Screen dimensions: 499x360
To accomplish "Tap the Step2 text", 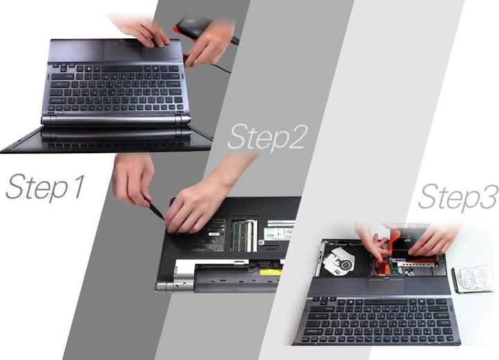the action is point(268,137).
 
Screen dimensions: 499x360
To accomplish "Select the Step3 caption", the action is point(458,196).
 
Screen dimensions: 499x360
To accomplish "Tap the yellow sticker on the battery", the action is point(271,272).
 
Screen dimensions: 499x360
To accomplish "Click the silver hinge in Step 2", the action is point(175,286).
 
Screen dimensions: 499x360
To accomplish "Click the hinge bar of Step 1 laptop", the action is point(116,120).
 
